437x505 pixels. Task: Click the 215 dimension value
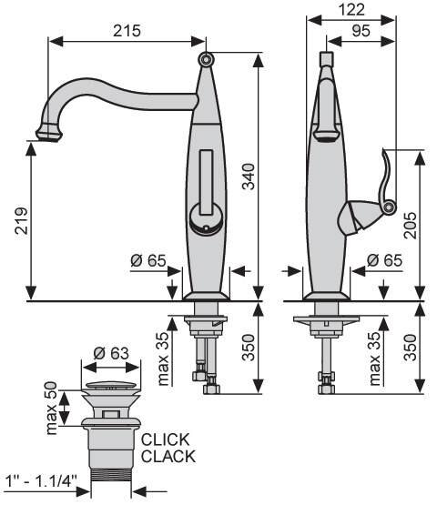(127, 31)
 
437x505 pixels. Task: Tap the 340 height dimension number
(249, 177)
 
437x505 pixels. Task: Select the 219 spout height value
(22, 220)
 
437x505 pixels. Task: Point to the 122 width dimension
(351, 9)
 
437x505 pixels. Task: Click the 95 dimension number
(361, 31)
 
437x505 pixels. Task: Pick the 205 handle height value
(411, 225)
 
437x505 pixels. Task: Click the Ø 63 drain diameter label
(111, 353)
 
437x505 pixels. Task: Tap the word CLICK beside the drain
(166, 439)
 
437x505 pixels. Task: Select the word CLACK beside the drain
(168, 457)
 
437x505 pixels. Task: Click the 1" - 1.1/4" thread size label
(42, 482)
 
